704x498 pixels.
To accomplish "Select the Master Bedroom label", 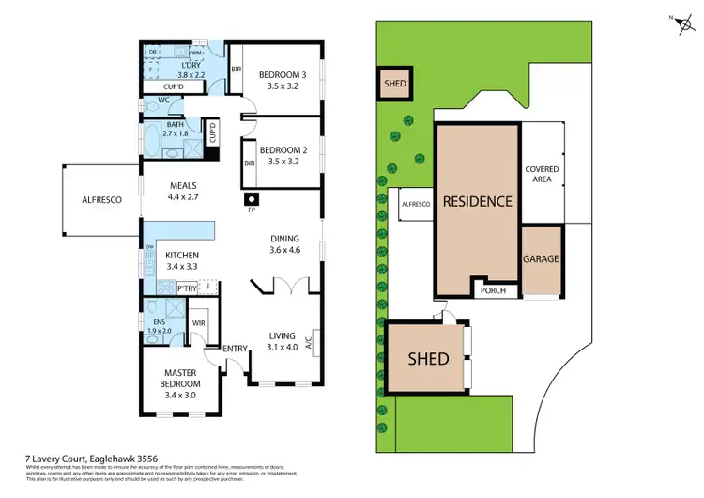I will [180, 377].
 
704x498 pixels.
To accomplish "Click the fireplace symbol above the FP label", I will [252, 199].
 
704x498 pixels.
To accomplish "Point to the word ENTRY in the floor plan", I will [235, 350].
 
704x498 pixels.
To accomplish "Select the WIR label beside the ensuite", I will [199, 322].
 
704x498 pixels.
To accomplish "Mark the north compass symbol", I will [679, 25].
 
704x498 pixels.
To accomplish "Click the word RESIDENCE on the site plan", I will [477, 201].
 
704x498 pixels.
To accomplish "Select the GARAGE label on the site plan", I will [542, 257].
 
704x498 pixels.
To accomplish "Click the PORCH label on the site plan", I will [492, 290].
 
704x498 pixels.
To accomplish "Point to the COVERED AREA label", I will [542, 175].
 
